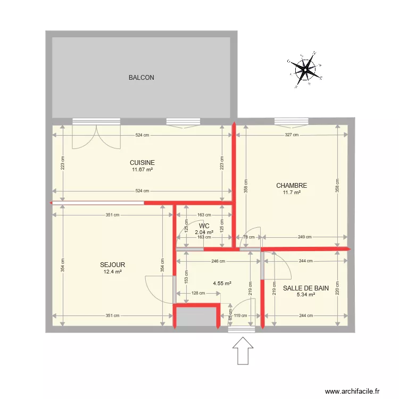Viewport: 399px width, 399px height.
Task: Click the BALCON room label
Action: [x=142, y=78]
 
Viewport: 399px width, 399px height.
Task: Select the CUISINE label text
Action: [x=142, y=163]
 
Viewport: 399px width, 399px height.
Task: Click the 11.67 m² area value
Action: [x=142, y=170]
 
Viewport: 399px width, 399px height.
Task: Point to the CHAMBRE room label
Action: [x=292, y=186]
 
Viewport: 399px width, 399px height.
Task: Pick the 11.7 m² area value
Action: [x=292, y=193]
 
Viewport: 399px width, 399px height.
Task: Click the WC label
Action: [x=204, y=226]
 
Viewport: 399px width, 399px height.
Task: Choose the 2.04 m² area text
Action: [x=204, y=232]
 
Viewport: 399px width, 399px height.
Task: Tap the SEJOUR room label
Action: [x=112, y=264]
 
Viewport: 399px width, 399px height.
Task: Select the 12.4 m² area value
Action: [x=112, y=271]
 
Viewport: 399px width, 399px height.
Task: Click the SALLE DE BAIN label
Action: [x=305, y=288]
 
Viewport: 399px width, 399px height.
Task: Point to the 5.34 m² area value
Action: [x=305, y=295]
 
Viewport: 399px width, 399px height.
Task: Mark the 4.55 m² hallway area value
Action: [x=222, y=284]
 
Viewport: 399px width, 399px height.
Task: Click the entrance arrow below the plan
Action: [x=242, y=351]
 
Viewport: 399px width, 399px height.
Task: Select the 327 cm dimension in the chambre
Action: [x=292, y=135]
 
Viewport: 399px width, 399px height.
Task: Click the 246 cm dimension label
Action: [x=219, y=261]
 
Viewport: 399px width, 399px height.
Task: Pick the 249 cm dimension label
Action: [x=304, y=237]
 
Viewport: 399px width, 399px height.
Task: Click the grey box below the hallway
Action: [x=197, y=318]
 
